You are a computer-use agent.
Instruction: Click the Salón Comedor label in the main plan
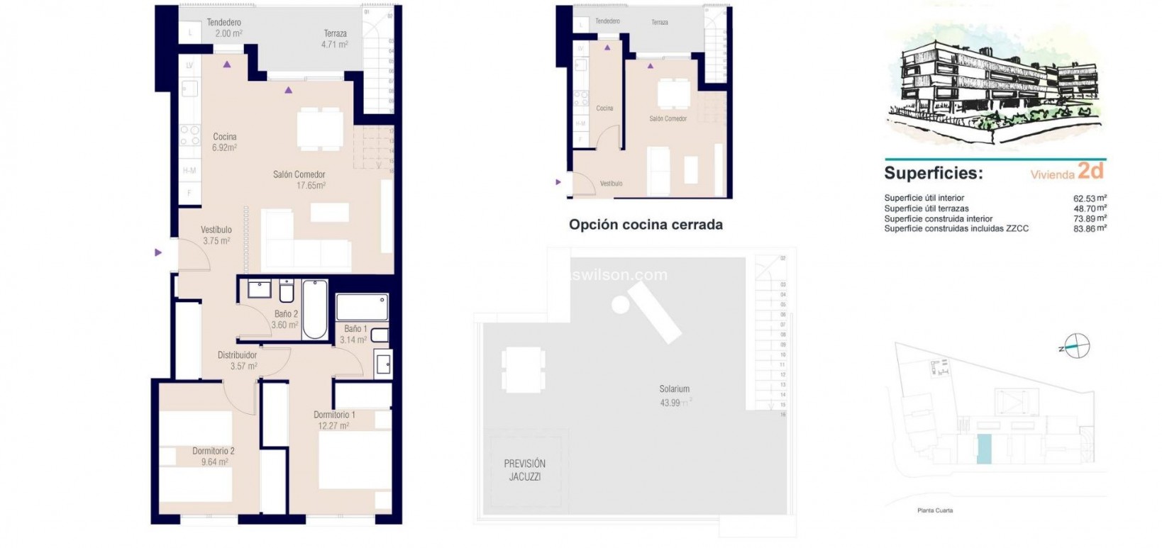click(299, 174)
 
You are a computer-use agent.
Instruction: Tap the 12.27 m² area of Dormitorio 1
click(333, 426)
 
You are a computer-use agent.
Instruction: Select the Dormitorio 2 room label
click(213, 451)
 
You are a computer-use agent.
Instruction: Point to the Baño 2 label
click(286, 314)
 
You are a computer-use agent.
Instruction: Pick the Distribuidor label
click(237, 355)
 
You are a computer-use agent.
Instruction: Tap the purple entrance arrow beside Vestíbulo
click(158, 252)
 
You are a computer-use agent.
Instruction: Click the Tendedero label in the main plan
click(224, 23)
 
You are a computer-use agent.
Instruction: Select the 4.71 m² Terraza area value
click(334, 44)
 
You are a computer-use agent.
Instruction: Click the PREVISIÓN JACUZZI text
click(525, 470)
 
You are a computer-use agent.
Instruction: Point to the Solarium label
click(674, 389)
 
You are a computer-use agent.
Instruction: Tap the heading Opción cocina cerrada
click(646, 225)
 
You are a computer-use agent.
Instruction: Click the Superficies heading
click(933, 174)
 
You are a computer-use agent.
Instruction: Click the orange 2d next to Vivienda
click(1090, 171)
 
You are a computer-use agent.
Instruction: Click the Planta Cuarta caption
click(935, 510)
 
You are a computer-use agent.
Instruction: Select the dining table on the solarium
click(523, 369)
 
